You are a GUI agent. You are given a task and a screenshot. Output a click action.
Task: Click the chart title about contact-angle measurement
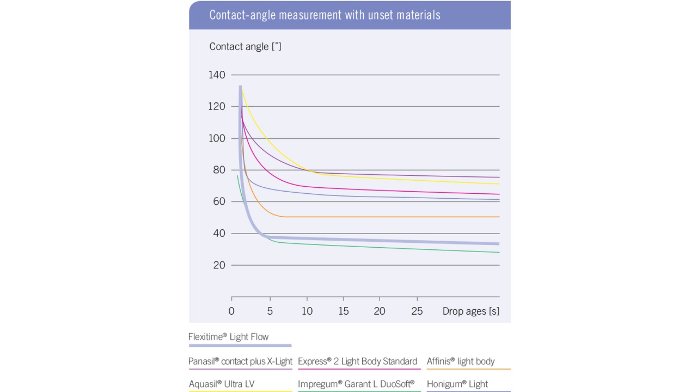point(325,15)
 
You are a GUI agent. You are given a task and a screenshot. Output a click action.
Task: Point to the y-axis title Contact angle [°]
point(245,47)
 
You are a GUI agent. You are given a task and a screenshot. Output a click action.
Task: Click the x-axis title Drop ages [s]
point(470,311)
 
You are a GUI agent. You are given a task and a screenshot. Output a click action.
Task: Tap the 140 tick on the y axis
point(217,75)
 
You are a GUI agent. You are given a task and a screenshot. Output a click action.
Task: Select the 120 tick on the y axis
point(217,107)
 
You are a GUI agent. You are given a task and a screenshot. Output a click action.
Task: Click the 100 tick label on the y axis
point(217,138)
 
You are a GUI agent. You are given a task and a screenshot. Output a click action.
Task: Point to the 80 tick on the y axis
point(219,170)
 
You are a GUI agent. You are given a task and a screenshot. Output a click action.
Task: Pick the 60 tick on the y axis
point(219,202)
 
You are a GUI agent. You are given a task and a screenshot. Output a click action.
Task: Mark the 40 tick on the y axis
point(219,234)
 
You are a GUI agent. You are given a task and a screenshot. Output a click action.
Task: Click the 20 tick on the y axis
point(219,265)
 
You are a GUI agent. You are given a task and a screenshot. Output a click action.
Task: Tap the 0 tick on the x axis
point(231,311)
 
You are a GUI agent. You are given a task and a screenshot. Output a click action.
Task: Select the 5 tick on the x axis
point(269,311)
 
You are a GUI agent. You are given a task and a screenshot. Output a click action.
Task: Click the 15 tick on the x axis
point(343,311)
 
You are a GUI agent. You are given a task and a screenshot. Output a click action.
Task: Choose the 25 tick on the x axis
point(417,311)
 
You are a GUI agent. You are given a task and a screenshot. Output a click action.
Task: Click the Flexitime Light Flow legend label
point(229,337)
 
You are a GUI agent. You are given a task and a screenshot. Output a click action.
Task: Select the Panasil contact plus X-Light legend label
point(240,362)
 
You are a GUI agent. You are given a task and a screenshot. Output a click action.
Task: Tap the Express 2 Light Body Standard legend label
point(357,362)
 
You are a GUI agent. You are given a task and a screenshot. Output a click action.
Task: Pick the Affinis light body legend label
point(461,362)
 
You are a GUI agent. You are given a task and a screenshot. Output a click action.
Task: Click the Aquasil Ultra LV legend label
point(222,384)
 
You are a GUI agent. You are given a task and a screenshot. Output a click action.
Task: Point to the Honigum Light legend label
point(457,384)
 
